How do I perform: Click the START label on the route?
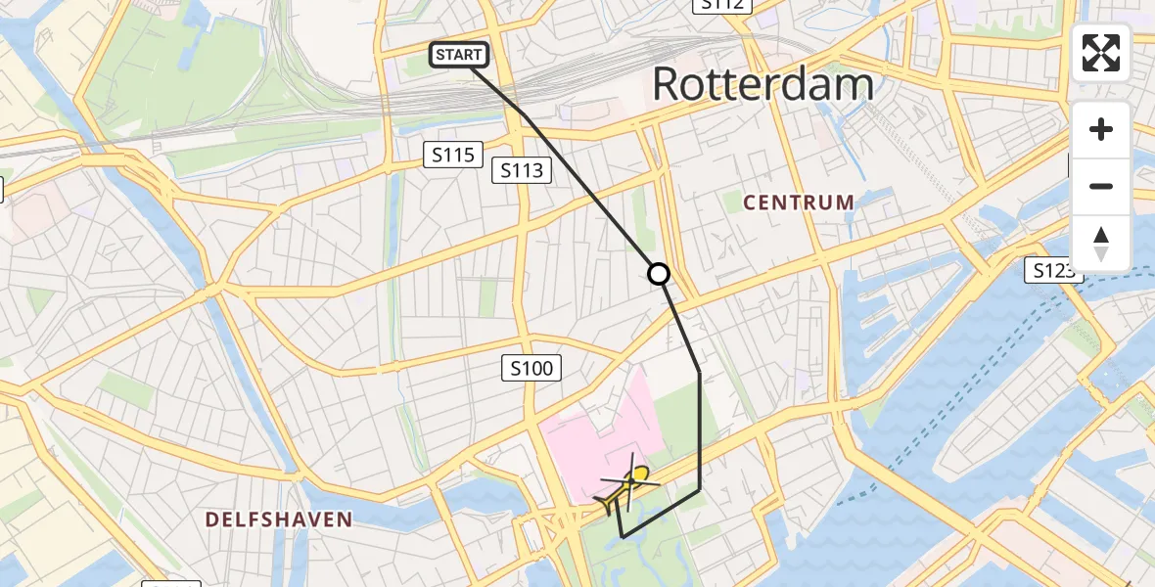(x=458, y=55)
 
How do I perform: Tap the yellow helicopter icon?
(x=626, y=483)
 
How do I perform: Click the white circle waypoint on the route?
(x=660, y=274)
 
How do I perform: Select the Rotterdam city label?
(x=762, y=84)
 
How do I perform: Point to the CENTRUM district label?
(x=799, y=203)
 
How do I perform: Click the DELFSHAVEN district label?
(x=279, y=519)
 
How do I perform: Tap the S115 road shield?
(x=452, y=154)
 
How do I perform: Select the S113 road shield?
(x=522, y=170)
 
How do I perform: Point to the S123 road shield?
(x=1053, y=270)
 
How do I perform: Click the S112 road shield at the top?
(x=722, y=5)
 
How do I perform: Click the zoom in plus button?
(x=1101, y=130)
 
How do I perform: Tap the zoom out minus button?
(x=1101, y=186)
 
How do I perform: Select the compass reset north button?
(x=1101, y=242)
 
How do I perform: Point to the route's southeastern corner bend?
(x=700, y=490)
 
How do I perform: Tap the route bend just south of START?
(x=527, y=116)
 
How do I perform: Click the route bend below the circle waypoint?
(x=699, y=373)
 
